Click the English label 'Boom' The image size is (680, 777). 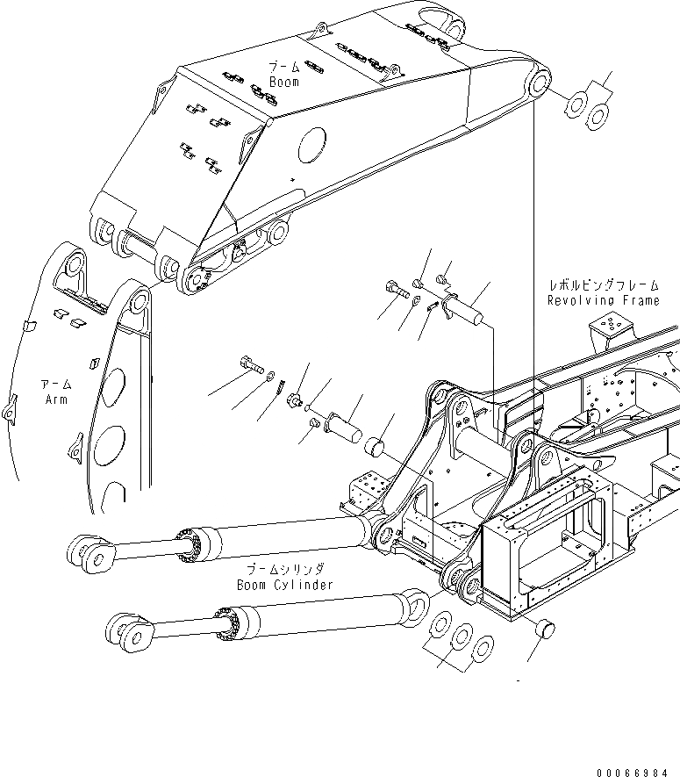click(x=284, y=82)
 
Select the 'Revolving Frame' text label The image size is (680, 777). click(x=603, y=300)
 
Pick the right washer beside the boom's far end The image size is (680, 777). click(x=598, y=114)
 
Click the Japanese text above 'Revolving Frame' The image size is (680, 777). click(x=603, y=286)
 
